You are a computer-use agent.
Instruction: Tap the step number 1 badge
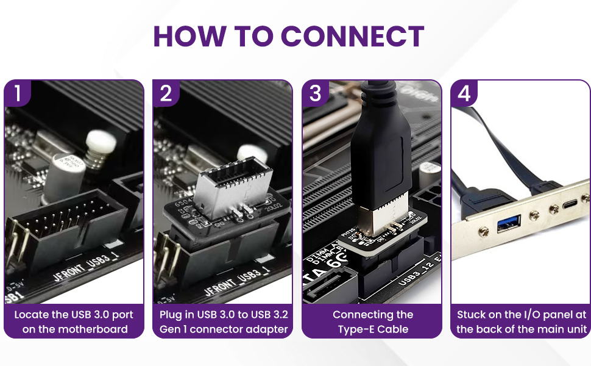[x=18, y=93]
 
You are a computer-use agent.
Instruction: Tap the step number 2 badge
[x=166, y=93]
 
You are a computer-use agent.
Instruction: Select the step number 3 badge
[x=316, y=93]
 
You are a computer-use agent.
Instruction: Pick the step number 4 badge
[x=464, y=93]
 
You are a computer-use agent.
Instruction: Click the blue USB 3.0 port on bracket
[x=507, y=227]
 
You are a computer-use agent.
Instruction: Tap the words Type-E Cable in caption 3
[x=373, y=329]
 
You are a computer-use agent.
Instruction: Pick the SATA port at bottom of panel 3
[x=329, y=287]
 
